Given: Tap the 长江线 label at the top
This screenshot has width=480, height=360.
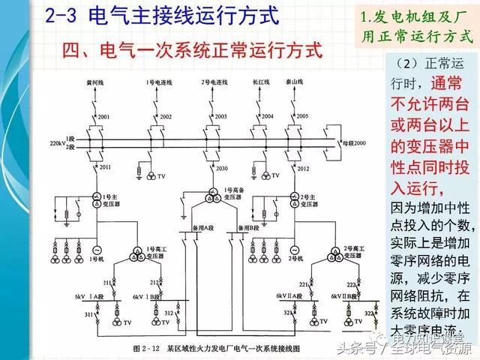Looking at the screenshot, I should pyautogui.click(x=262, y=80).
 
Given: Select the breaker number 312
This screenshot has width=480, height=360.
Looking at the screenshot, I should pyautogui.click(x=169, y=312).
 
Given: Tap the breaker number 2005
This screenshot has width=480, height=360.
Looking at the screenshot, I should pyautogui.click(x=302, y=117).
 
